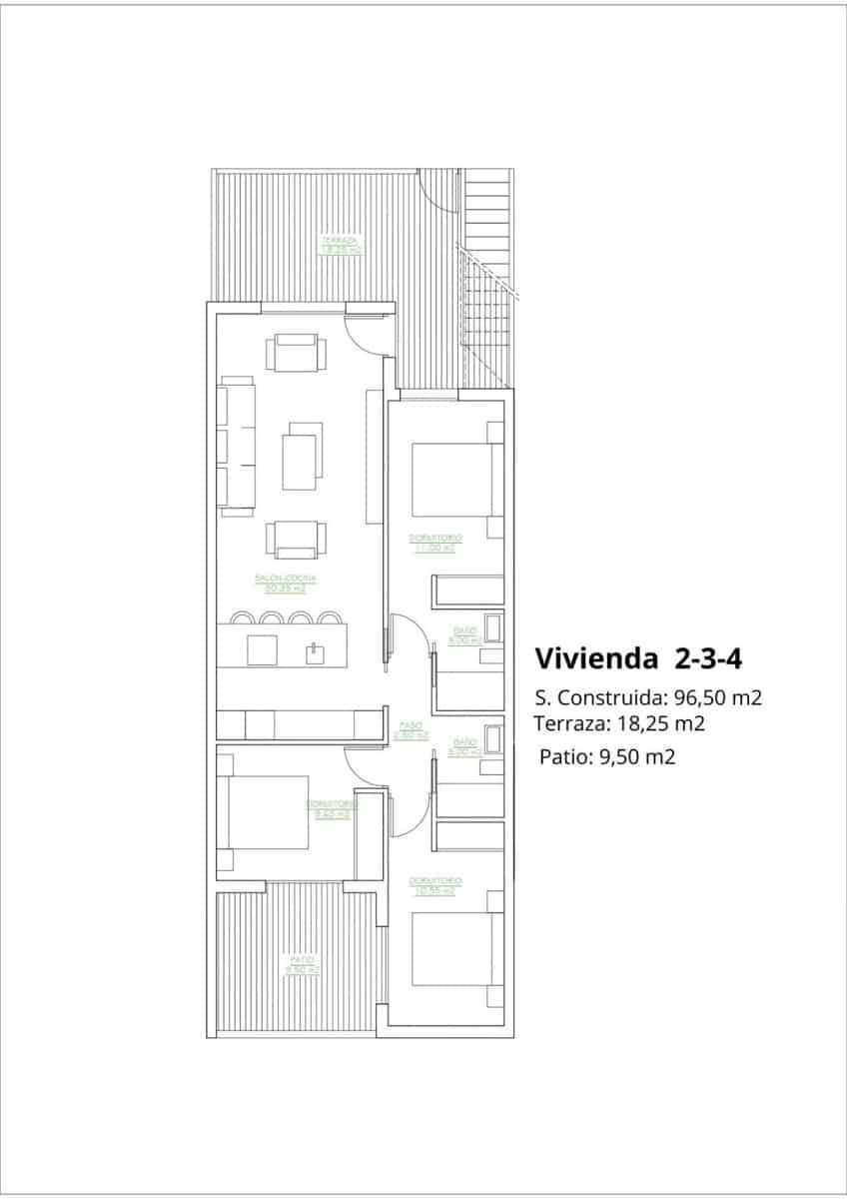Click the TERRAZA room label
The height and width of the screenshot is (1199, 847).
340,245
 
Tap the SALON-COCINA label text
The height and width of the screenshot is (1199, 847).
285,584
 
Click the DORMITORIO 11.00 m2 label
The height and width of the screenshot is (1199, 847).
435,544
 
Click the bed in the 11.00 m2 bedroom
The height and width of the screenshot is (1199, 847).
451,479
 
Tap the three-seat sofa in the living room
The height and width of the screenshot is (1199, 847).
237,447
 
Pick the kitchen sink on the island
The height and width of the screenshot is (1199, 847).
315,652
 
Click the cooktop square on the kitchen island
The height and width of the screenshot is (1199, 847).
262,650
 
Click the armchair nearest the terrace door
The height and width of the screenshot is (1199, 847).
295,353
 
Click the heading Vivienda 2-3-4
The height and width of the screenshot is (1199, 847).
636,658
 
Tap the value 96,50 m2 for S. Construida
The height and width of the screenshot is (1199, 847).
715,697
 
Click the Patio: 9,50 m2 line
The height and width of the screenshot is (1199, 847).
607,756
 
